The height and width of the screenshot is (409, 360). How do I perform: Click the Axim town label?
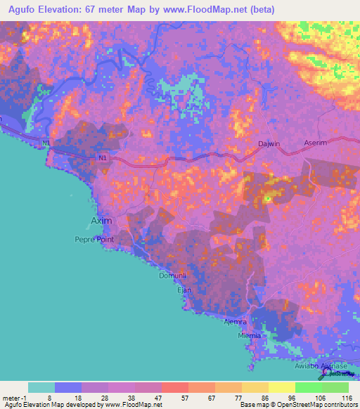point(101,221)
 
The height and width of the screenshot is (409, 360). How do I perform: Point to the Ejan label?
point(184,290)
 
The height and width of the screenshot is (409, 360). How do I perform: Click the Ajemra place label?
point(237,323)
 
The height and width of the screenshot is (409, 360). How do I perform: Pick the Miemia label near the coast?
point(250,336)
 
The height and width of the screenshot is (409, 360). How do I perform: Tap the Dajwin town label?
point(269,143)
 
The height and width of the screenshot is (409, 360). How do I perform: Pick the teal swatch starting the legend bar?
point(41,387)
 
